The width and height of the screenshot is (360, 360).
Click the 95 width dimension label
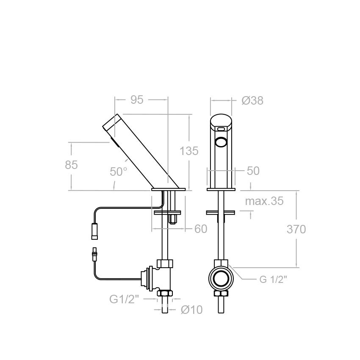click(137, 100)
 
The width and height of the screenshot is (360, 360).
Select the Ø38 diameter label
click(252, 100)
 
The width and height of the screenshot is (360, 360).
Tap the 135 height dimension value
click(189, 151)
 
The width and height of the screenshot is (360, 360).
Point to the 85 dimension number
click(71, 165)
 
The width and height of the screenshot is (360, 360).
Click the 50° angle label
click(119, 172)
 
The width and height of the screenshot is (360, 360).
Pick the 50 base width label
click(253, 171)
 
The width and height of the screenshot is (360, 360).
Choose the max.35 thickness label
click(264, 201)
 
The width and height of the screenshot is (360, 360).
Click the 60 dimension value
click(201, 229)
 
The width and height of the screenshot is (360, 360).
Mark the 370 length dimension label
click(296, 229)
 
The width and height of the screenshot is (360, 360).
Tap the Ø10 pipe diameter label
click(191, 310)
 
